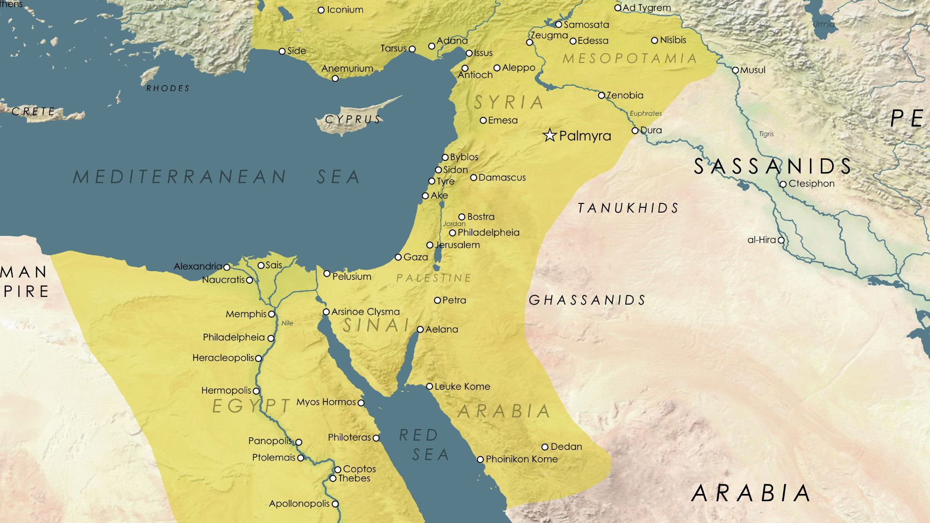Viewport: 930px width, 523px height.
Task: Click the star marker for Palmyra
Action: (x=549, y=135)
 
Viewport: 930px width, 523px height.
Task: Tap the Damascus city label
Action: (x=502, y=178)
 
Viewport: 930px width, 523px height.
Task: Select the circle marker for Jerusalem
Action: (x=430, y=245)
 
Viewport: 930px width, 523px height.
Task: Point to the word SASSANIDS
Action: (x=773, y=167)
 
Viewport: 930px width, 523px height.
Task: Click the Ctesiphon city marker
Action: (x=783, y=184)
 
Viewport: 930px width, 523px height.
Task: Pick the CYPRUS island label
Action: (x=353, y=120)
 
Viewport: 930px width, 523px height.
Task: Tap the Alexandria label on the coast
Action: (x=198, y=266)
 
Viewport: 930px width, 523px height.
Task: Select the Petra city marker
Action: (x=437, y=300)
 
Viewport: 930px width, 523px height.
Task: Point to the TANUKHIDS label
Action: (x=628, y=208)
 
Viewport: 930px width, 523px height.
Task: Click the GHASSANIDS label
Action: (x=587, y=300)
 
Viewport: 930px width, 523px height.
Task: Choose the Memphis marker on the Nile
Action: (x=271, y=314)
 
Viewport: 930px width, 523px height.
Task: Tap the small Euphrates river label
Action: (x=646, y=113)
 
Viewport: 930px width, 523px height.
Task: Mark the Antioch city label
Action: (x=475, y=75)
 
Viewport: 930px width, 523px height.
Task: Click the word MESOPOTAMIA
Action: (x=629, y=59)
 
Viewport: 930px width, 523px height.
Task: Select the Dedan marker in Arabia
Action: (x=545, y=447)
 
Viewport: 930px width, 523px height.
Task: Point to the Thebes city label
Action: (x=354, y=478)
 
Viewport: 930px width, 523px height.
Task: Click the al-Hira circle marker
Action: (x=781, y=240)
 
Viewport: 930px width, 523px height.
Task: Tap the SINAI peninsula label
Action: (x=376, y=325)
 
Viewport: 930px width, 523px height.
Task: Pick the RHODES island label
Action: (x=168, y=88)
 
